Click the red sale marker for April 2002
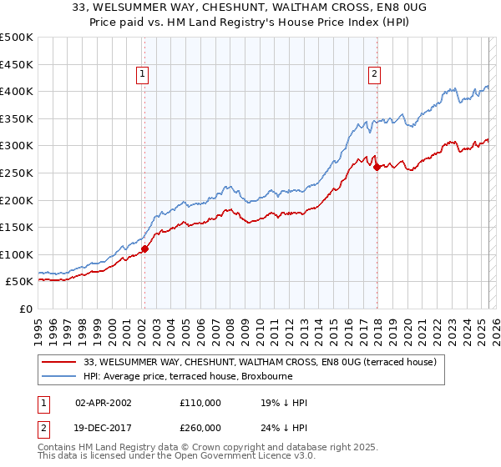pyautogui.click(x=144, y=249)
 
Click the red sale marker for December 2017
pyautogui.click(x=377, y=167)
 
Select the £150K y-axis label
pyautogui.click(x=17, y=227)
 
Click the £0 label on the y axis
pyautogui.click(x=26, y=309)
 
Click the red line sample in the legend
pyautogui.click(x=59, y=362)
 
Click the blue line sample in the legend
pyautogui.click(x=59, y=376)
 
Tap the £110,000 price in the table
pyautogui.click(x=200, y=403)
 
